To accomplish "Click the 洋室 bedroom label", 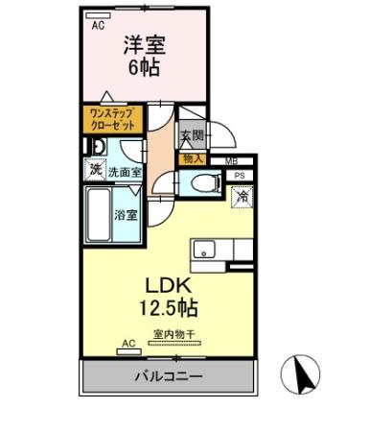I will point(143,45).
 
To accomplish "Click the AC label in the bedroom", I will point(98,26).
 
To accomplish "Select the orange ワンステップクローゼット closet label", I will point(111,119).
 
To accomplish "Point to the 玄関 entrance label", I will point(191,136).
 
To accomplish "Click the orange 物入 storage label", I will point(191,158).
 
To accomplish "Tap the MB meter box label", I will point(230,160).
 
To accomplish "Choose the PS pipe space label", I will point(240,176).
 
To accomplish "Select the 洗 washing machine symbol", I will point(95,170).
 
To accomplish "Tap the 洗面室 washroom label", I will point(125,173).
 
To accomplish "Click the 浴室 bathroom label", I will point(126,215).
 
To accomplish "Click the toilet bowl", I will point(200,183).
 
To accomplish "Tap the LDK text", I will point(169,285).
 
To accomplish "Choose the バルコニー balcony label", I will point(168,377).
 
